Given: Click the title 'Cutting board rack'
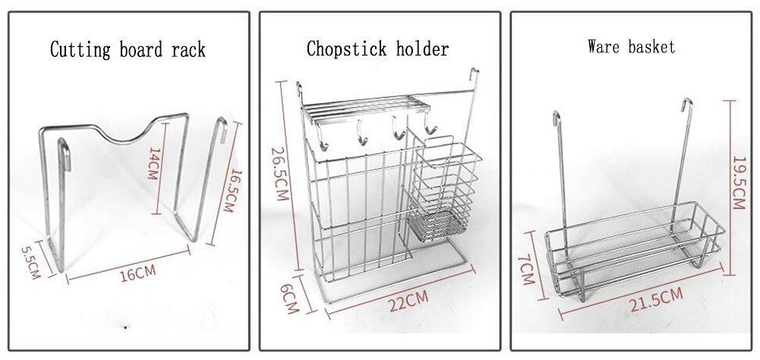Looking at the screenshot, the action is [x=128, y=49].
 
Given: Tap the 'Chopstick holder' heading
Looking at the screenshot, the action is [x=378, y=49].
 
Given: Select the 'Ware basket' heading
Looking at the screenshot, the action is [x=631, y=47].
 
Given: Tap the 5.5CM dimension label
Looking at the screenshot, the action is [x=30, y=262].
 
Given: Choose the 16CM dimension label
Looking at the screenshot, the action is [x=138, y=273].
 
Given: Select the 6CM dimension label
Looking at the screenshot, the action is [x=290, y=299].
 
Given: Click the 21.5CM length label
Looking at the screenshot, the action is [x=656, y=300].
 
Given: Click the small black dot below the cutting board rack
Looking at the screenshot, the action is [x=126, y=327].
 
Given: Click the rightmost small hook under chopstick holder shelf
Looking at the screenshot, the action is [x=430, y=128].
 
